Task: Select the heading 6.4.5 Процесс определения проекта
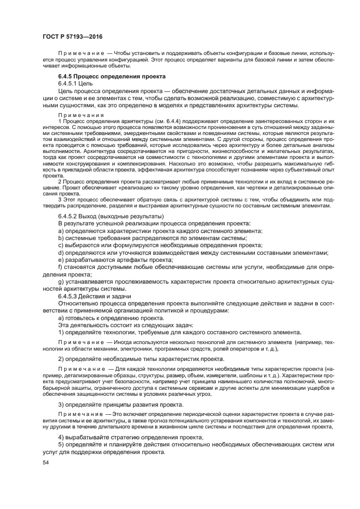pos(105,77)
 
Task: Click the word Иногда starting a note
pos(124,342)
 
